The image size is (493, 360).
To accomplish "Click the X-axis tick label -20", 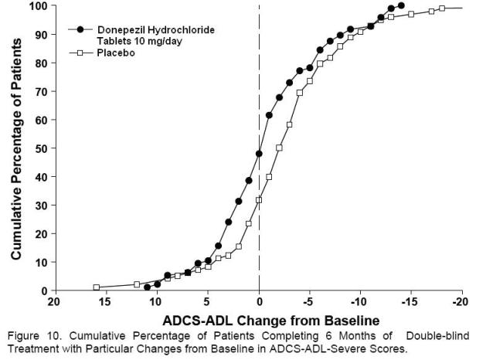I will (x=461, y=301).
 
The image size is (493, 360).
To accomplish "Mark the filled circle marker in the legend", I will (x=81, y=29).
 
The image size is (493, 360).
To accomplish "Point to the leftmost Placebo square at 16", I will (x=97, y=287).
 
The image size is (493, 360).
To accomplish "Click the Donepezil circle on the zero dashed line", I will (x=259, y=154).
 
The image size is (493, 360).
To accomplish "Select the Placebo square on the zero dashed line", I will (x=259, y=199).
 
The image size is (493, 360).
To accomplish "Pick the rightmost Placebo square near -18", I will (x=442, y=8).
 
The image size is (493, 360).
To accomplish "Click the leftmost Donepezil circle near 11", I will (x=148, y=287).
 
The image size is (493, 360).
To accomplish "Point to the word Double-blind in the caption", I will (x=437, y=336).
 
